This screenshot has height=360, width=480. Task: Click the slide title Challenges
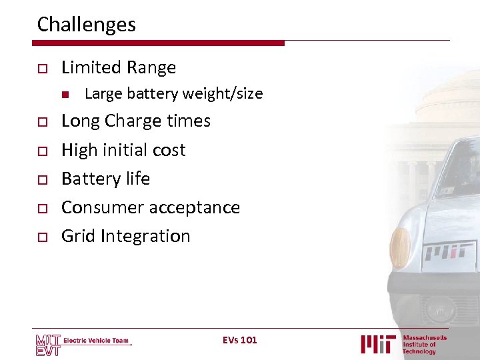point(86,25)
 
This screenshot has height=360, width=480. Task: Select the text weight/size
point(223,94)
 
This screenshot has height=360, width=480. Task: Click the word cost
point(168,150)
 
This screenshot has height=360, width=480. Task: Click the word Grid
point(76,236)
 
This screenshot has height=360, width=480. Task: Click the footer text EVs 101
point(240,340)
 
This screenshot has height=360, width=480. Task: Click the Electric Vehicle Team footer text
point(96,341)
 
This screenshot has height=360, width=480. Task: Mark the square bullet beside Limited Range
point(41,68)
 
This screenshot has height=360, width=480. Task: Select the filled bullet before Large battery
point(65,94)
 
